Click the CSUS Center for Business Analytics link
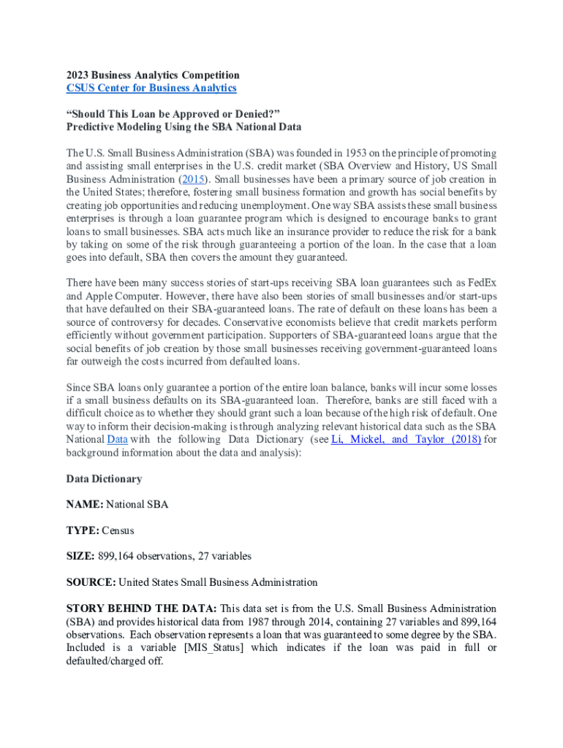tap(151, 88)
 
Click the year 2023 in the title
tap(79, 75)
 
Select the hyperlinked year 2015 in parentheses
tap(194, 179)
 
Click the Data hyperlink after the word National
tap(117, 439)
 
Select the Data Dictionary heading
tap(104, 478)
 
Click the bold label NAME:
tap(85, 504)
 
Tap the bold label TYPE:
tap(83, 530)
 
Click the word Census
tap(118, 530)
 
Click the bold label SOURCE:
tap(91, 582)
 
